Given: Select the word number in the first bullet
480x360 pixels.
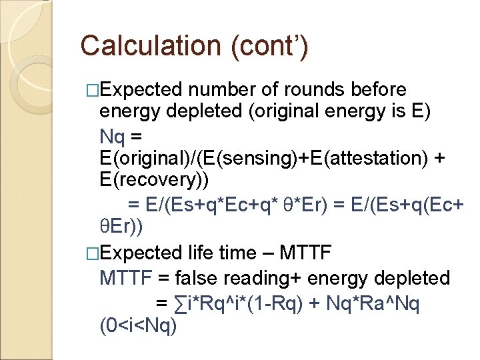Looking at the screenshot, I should [x=223, y=89].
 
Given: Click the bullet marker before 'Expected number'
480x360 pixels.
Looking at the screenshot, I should [x=93, y=90].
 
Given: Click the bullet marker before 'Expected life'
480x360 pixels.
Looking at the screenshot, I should [x=93, y=253].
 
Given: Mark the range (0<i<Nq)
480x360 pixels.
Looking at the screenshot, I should [x=138, y=327].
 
